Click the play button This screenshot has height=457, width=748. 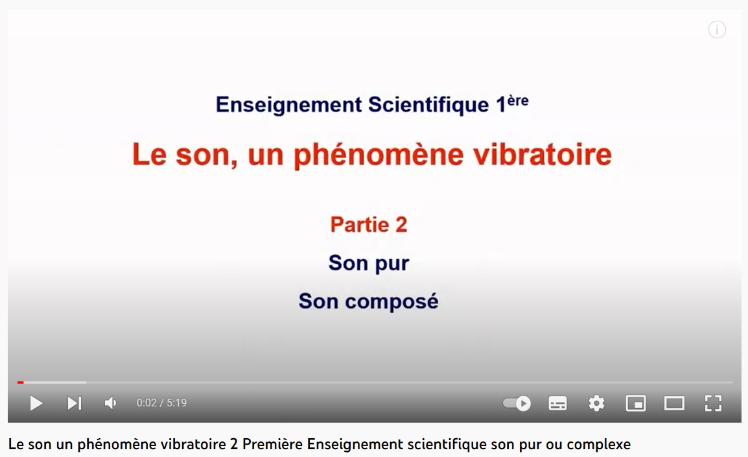pos(36,403)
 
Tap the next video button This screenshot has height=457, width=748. pos(75,403)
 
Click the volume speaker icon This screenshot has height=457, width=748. pos(110,403)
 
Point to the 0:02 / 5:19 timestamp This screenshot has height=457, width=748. pos(161,403)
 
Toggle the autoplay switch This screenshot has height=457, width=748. pos(517,403)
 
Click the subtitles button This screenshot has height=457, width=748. pos(557,404)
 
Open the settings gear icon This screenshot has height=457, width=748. pos(596,404)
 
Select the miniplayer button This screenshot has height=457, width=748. pos(636,404)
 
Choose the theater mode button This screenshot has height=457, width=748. pos(674,404)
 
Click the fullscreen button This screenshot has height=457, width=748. pos(713,403)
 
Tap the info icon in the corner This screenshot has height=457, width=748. pos(717,30)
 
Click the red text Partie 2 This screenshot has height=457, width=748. pos(369,225)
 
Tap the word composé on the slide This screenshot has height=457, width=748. pos(392,301)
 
